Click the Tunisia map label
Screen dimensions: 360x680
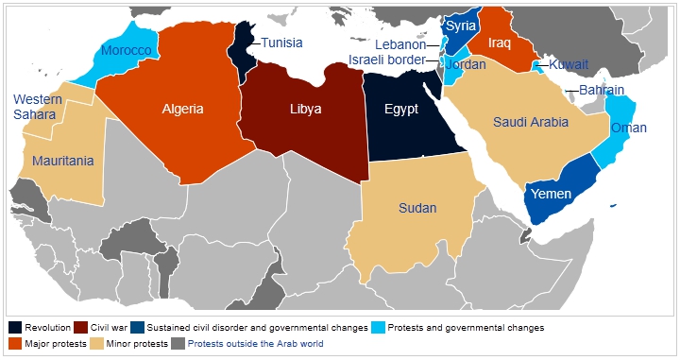281,43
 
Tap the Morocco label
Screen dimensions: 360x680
126,50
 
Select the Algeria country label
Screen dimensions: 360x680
182,109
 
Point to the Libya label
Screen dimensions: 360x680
305,109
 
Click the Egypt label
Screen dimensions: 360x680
401,109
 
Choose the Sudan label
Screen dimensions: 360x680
418,208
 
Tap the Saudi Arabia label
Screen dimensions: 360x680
530,122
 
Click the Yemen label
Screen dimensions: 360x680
551,193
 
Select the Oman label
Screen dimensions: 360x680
628,128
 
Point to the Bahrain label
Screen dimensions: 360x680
602,90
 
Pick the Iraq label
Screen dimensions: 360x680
501,43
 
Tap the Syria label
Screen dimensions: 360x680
461,26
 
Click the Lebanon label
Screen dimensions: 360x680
400,44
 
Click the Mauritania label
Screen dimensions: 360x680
63,161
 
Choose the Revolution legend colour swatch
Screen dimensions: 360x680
15,328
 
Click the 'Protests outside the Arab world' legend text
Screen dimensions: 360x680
255,344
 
